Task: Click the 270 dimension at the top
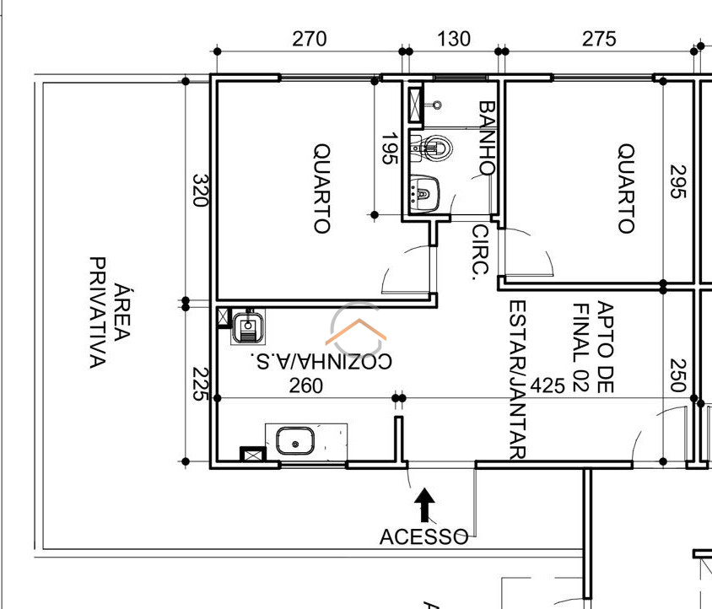310,39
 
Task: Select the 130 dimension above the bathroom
454,39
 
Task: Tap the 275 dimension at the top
599,39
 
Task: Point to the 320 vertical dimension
200,190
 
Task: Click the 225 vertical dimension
200,384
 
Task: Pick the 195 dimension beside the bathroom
390,148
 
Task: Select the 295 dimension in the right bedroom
678,181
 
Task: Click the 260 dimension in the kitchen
306,386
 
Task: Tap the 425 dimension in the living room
547,385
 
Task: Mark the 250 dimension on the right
678,375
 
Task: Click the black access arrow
424,504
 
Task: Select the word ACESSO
423,536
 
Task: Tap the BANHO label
487,137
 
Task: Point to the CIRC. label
480,252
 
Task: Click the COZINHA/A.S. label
321,362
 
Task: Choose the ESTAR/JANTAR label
518,380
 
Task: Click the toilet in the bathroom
431,147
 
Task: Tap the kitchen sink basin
295,440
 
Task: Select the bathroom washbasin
424,194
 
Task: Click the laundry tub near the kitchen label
248,326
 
